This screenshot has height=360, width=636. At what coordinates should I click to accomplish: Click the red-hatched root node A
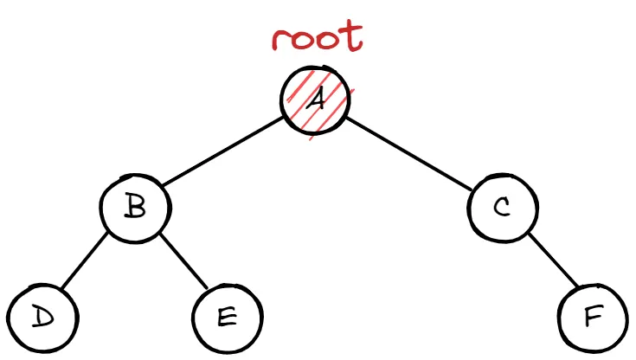[x=317, y=101]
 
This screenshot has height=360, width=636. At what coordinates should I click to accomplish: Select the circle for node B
[x=135, y=210]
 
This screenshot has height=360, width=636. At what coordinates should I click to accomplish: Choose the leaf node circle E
[x=226, y=318]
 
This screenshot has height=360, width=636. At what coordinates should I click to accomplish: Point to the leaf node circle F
[x=594, y=318]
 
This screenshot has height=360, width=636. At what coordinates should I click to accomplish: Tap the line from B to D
[x=87, y=264]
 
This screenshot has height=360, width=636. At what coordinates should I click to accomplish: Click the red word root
[x=318, y=39]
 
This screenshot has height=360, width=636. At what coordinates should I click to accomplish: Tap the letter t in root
[x=351, y=37]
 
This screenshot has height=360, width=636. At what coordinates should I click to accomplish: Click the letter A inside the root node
[x=318, y=101]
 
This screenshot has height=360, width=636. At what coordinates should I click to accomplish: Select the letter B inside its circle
[x=135, y=209]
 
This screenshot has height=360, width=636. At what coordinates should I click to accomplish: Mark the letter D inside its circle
[x=40, y=318]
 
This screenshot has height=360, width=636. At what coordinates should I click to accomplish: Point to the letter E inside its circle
[x=226, y=318]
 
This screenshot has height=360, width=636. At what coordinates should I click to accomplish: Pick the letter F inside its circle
[x=594, y=318]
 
